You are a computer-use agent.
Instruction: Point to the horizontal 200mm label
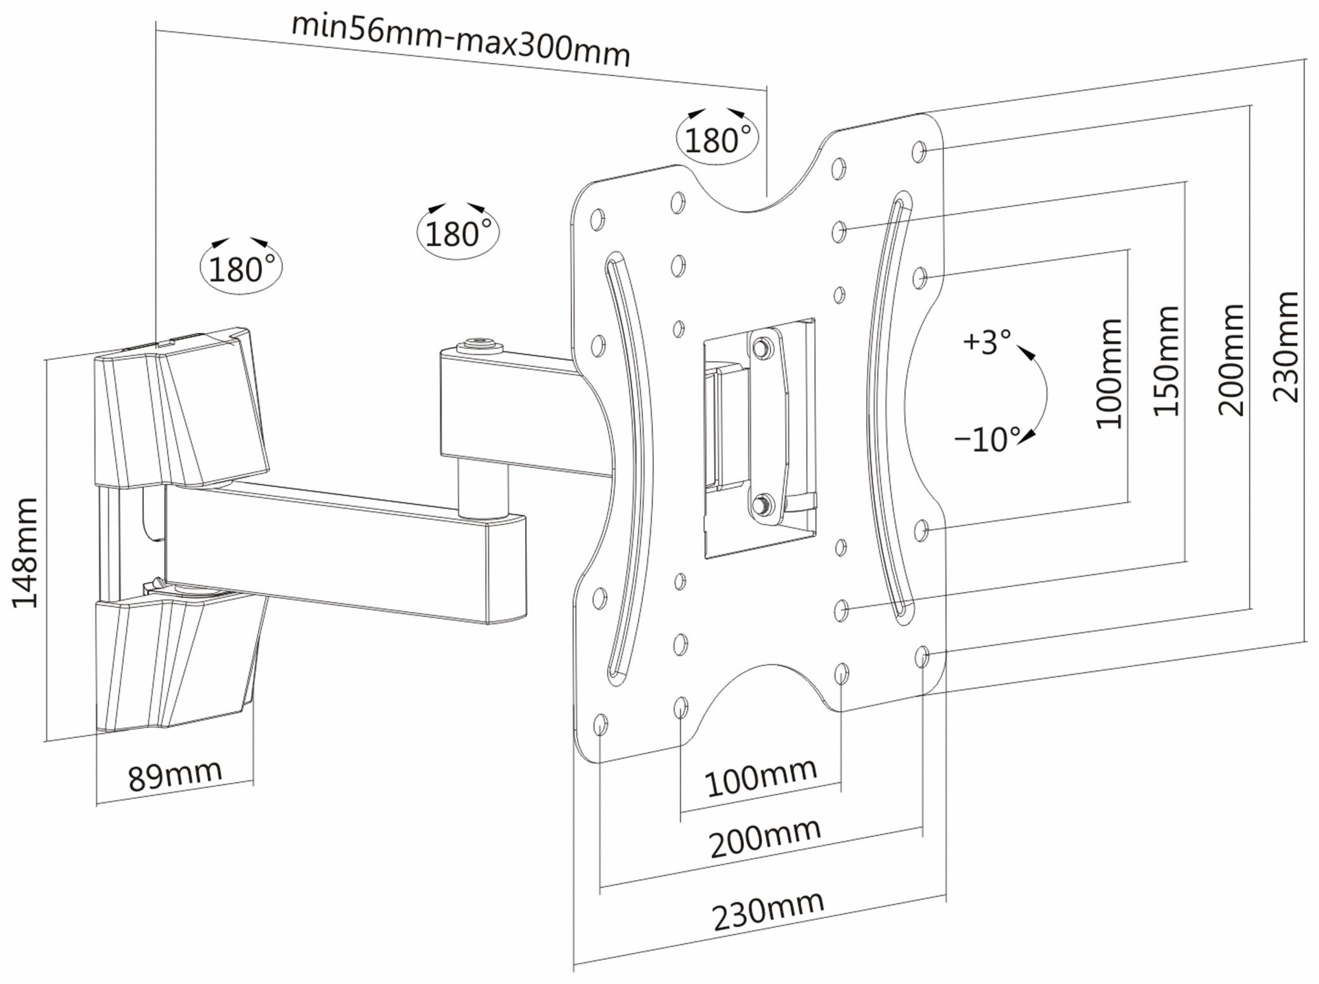765,838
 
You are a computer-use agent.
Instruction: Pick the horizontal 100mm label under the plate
760,778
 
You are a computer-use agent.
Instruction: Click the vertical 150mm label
1166,361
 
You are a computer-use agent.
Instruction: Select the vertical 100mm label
1109,374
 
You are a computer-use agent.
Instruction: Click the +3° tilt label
987,342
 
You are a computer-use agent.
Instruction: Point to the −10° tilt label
987,439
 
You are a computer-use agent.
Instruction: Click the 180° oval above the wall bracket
241,269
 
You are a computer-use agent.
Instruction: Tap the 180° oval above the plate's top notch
718,139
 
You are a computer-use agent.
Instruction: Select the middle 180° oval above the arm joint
458,233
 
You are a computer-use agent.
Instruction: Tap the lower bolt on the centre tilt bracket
762,505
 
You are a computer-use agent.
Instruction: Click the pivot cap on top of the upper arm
479,346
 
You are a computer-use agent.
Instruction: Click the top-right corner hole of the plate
919,152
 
